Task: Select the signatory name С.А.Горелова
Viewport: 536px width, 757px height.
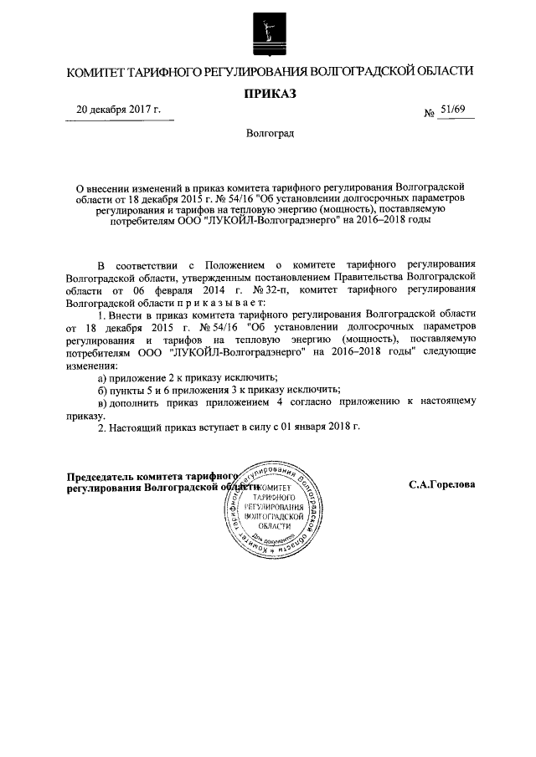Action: [x=443, y=484]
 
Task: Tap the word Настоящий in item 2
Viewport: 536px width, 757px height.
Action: [x=137, y=427]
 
